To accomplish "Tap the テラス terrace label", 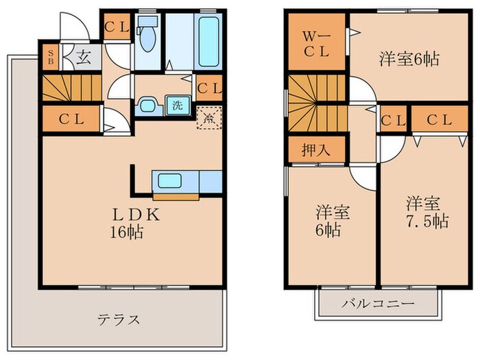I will tap(119, 319).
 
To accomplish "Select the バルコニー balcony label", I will tap(379, 302).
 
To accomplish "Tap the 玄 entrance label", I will tap(82, 57).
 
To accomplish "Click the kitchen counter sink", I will tap(171, 181).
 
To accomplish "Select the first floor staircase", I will tap(71, 88).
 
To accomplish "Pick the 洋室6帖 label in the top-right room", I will tap(409, 59).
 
